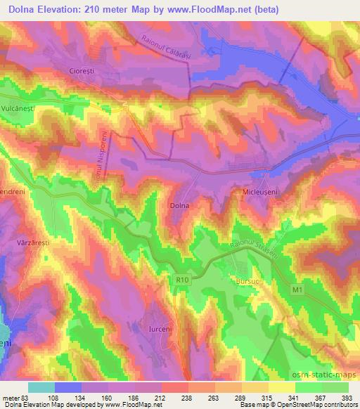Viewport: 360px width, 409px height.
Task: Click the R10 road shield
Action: (x=183, y=280)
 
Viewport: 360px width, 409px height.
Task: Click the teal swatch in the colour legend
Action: (x=41, y=387)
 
